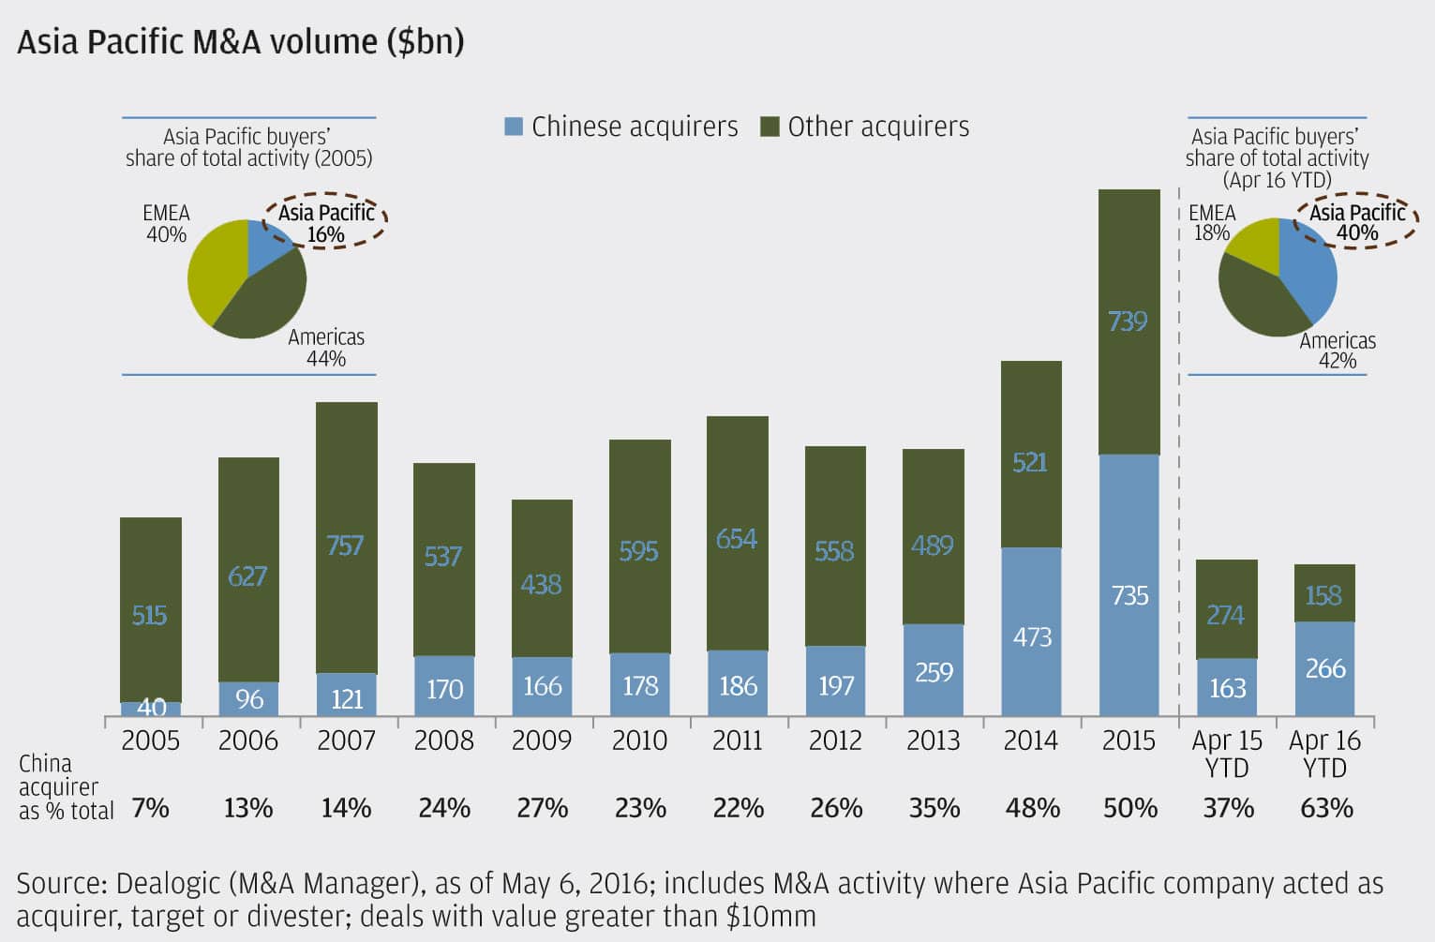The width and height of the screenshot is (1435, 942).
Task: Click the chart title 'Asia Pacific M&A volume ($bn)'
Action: [240, 42]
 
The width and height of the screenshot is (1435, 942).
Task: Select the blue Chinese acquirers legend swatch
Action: [514, 127]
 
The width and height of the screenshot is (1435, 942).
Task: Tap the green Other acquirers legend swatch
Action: [770, 127]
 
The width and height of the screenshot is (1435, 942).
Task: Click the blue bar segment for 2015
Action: [1129, 586]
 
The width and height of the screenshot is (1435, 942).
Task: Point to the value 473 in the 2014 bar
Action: [1032, 637]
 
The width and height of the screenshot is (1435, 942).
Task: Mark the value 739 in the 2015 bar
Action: [1128, 321]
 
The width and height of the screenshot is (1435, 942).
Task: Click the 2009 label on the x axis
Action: [541, 740]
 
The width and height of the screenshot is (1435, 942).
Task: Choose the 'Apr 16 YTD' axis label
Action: [1324, 754]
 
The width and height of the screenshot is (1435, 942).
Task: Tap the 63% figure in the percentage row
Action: [1326, 808]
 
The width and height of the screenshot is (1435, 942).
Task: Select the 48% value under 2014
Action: [1032, 808]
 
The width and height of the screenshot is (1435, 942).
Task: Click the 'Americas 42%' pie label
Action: [1338, 351]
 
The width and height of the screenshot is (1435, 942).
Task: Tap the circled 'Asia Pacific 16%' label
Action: [326, 223]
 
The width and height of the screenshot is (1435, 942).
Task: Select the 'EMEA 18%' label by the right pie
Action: [1212, 222]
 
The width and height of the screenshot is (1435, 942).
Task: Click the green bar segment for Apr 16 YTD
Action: [1324, 593]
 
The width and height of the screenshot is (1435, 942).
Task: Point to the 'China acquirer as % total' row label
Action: [64, 787]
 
